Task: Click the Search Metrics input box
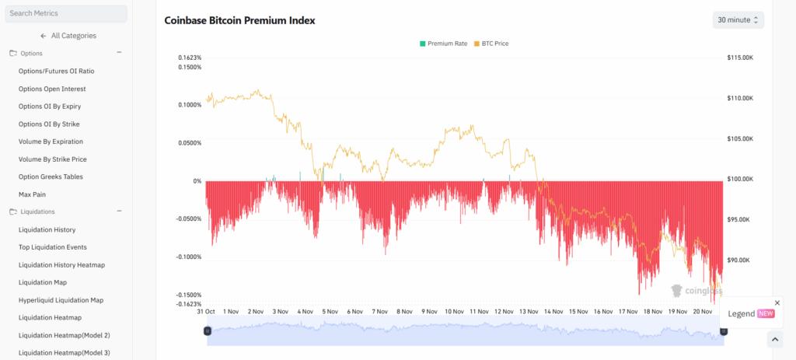click(x=65, y=13)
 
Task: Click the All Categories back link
click(x=68, y=36)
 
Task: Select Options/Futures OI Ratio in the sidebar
click(x=56, y=71)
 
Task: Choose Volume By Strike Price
click(x=53, y=159)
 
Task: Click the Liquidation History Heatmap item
click(x=61, y=264)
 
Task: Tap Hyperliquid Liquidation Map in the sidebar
click(x=61, y=299)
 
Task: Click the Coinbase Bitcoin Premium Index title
click(x=239, y=20)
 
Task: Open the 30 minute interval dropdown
click(x=738, y=19)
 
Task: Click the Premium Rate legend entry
click(x=443, y=44)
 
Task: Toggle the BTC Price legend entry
click(x=491, y=44)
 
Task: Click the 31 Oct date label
click(x=206, y=311)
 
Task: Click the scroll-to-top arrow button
click(x=774, y=339)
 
